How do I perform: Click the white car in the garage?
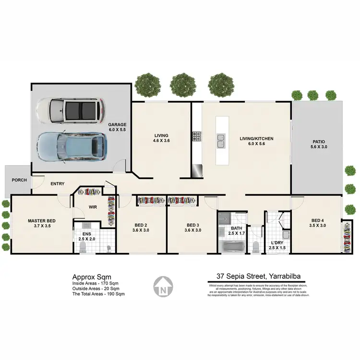[71, 110]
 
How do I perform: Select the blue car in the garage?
[71, 146]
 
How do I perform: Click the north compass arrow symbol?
[163, 287]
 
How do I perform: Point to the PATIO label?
[319, 142]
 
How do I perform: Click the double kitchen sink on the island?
[221, 141]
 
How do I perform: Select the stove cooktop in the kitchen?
[196, 137]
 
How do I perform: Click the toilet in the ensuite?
[83, 247]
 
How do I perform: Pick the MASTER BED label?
[41, 221]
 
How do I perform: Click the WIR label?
[93, 207]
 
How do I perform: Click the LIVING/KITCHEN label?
[256, 139]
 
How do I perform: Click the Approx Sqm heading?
[92, 276]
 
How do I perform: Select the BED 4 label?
[317, 220]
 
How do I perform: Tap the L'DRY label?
[278, 243]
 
